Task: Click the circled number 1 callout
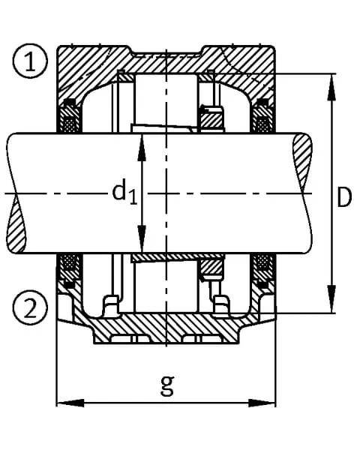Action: point(29,61)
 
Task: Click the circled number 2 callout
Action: point(29,307)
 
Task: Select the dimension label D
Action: point(344,197)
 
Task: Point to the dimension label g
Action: point(167,385)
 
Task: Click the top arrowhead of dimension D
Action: point(331,87)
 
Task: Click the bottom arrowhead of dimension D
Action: point(331,299)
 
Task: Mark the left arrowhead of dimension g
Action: point(70,403)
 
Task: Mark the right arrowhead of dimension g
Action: point(262,403)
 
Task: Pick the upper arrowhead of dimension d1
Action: point(142,147)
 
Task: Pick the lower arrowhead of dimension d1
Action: point(142,239)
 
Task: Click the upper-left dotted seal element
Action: point(70,124)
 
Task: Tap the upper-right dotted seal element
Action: point(262,124)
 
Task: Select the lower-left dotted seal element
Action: point(69,261)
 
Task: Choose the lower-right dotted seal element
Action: point(262,261)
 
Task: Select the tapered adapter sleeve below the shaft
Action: point(177,257)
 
